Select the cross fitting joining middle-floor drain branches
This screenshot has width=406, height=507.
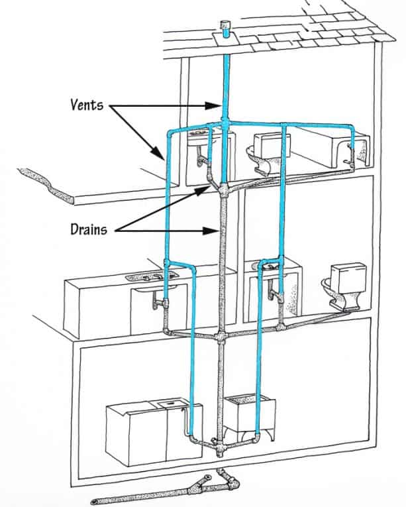coord(221,337)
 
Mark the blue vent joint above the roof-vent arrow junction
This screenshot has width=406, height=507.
coord(225,123)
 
